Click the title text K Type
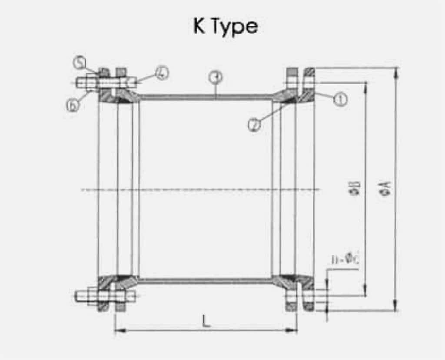(226, 26)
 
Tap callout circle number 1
(340, 100)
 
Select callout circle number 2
(254, 125)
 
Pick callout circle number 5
(79, 63)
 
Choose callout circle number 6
(73, 106)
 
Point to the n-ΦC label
(343, 261)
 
